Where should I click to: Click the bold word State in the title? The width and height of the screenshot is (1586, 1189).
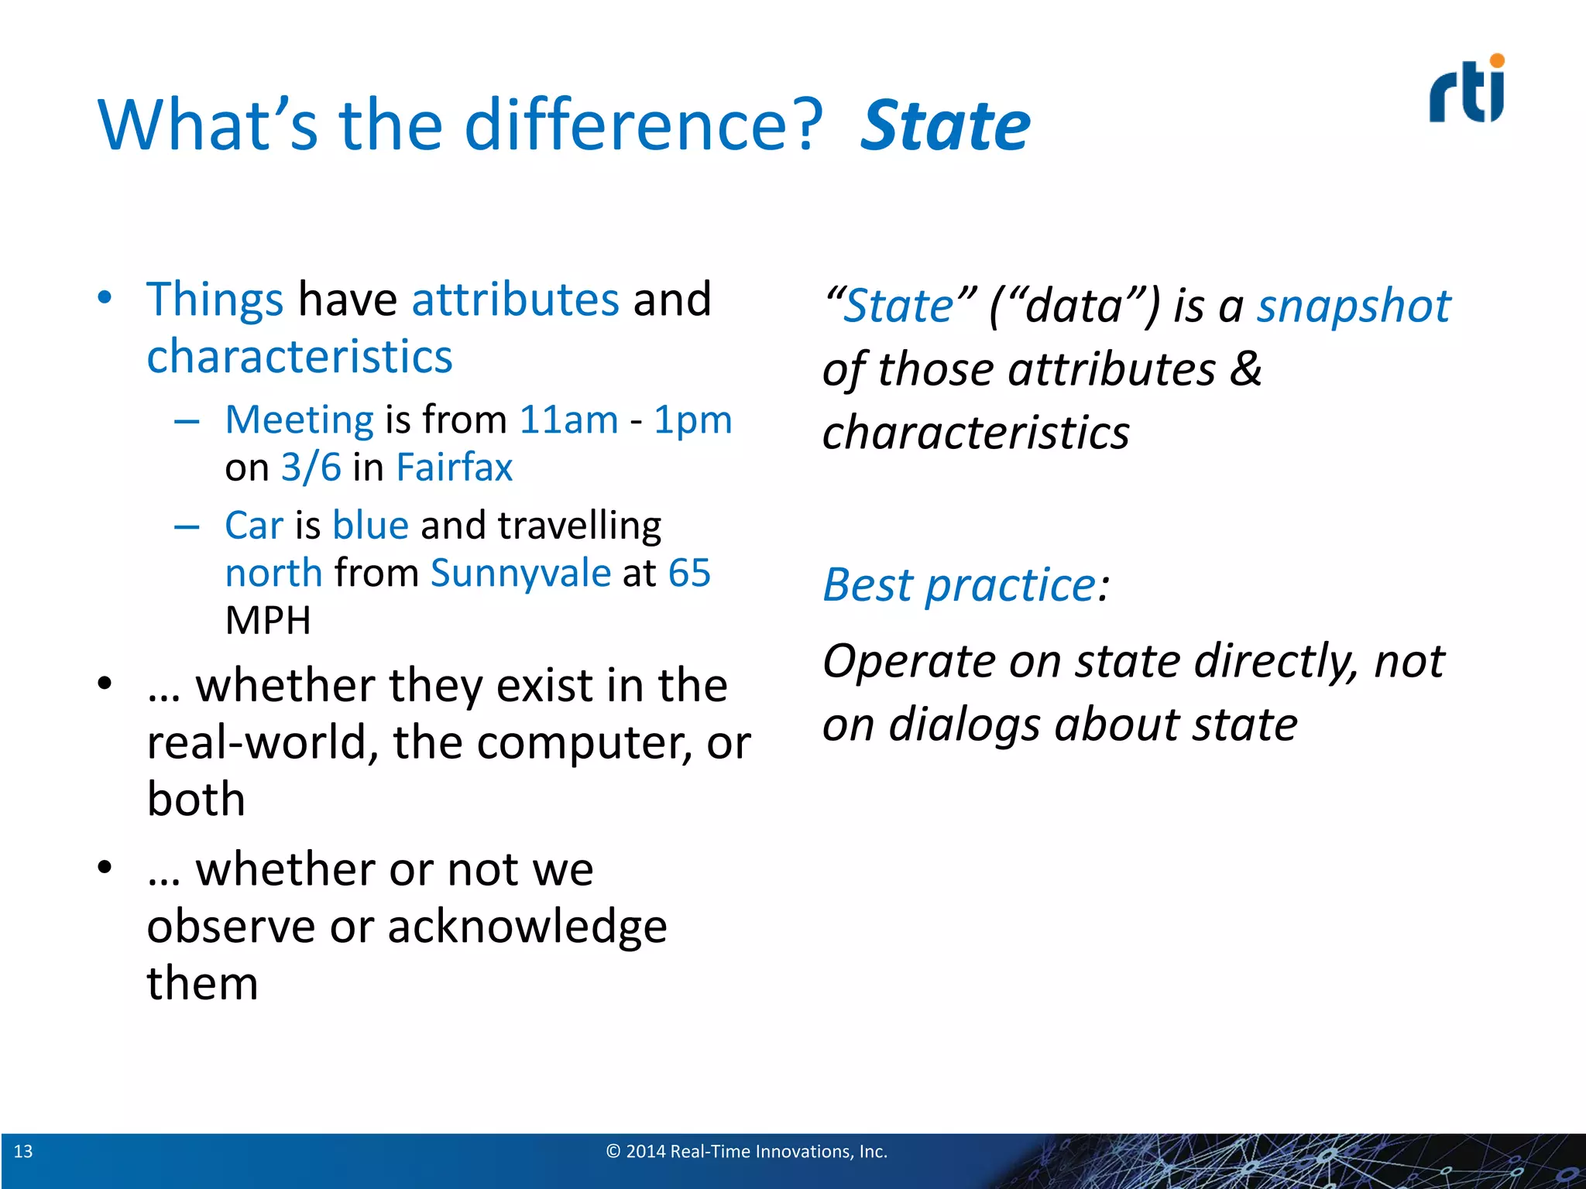(x=946, y=125)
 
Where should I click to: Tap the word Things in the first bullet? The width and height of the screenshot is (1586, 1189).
(x=215, y=300)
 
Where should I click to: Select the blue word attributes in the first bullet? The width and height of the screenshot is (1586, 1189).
(x=516, y=300)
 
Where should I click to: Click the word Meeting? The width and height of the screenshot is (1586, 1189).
(x=300, y=420)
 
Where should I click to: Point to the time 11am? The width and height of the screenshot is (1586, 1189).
(x=568, y=420)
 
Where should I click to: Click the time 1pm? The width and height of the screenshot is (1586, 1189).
(x=692, y=420)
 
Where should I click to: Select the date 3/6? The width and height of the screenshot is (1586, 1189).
(x=311, y=468)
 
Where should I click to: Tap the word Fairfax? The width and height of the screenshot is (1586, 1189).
(x=454, y=468)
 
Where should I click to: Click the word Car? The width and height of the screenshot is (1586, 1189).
(x=254, y=526)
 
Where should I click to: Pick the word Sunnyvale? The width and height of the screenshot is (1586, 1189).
(x=520, y=574)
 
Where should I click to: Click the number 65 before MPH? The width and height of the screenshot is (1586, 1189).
(x=689, y=574)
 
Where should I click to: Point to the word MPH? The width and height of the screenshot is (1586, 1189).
(x=268, y=621)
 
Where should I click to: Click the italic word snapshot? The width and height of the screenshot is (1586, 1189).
(x=1353, y=306)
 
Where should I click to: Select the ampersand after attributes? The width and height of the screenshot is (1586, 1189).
(x=1246, y=368)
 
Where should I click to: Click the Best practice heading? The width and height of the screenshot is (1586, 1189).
(x=965, y=584)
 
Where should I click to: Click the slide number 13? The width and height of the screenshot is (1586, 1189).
(x=23, y=1152)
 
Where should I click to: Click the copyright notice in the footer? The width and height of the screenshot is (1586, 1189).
(x=747, y=1152)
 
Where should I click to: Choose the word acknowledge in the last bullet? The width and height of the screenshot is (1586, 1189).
(x=527, y=927)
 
